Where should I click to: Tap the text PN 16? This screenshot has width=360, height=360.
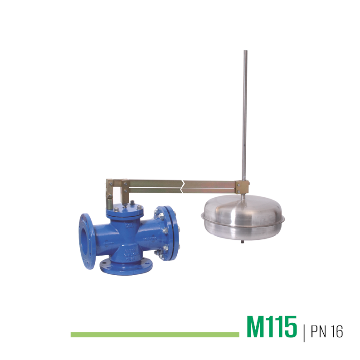tap(327, 331)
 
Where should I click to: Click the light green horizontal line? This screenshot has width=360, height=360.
tap(155, 335)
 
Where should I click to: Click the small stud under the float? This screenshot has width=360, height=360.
tap(243, 242)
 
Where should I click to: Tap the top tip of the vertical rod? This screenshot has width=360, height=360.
tap(245, 51)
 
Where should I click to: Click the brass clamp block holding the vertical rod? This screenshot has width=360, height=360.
tap(242, 187)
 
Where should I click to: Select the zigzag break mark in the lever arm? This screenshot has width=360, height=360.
tap(182, 186)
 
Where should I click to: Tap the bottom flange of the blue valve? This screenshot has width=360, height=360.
tap(126, 267)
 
